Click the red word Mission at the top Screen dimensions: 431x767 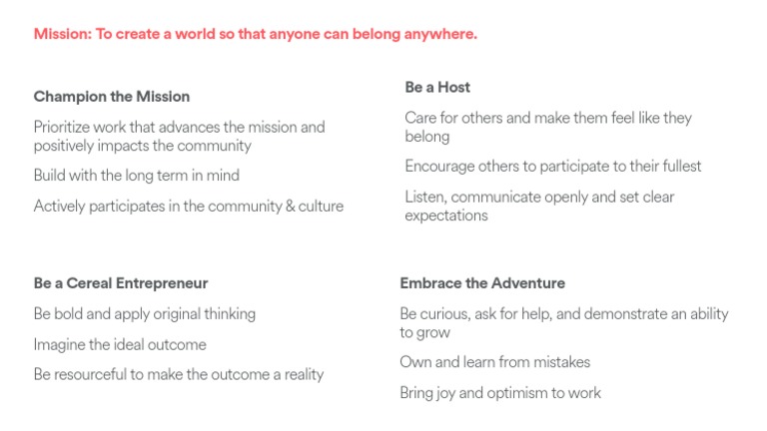click(60, 34)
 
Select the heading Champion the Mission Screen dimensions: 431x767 click(112, 97)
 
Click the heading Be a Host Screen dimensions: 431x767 click(437, 88)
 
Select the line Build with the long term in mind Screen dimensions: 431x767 click(137, 176)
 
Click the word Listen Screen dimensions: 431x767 click(426, 197)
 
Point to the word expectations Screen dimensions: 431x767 click(446, 215)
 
